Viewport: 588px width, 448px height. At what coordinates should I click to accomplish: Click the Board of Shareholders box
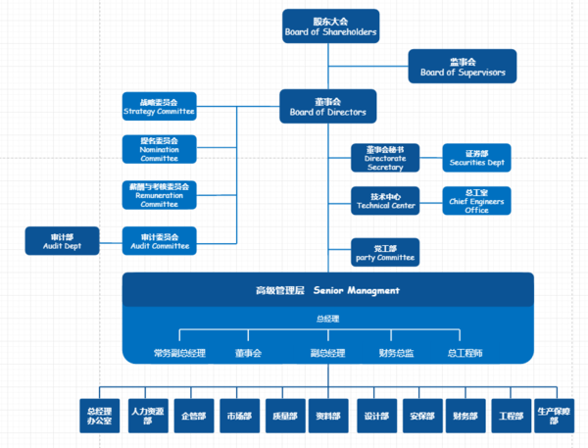pyautogui.click(x=329, y=26)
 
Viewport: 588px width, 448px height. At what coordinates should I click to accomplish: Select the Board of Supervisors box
pyautogui.click(x=462, y=66)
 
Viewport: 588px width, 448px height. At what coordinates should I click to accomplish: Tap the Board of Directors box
pyautogui.click(x=327, y=107)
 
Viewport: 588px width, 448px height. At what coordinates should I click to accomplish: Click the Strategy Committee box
pyautogui.click(x=159, y=106)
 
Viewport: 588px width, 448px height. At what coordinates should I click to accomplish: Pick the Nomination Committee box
pyautogui.click(x=159, y=149)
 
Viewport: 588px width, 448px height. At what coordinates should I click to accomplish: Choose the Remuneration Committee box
pyautogui.click(x=159, y=194)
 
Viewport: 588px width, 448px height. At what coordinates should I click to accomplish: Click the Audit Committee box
pyautogui.click(x=159, y=240)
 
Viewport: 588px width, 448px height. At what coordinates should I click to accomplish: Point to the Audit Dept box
pyautogui.click(x=63, y=240)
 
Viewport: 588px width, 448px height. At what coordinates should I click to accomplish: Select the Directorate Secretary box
pyautogui.click(x=385, y=158)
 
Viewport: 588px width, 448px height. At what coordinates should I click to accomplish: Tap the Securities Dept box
pyautogui.click(x=476, y=158)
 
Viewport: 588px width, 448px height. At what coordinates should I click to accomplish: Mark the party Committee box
pyautogui.click(x=385, y=252)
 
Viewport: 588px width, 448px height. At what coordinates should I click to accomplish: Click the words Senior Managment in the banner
pyautogui.click(x=356, y=290)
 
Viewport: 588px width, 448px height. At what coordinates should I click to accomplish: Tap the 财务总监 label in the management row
pyautogui.click(x=396, y=352)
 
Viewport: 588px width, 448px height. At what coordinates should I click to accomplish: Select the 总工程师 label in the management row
pyautogui.click(x=465, y=352)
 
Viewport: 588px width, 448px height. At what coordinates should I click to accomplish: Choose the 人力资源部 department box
pyautogui.click(x=147, y=416)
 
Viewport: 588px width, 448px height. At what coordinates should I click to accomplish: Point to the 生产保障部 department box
pyautogui.click(x=554, y=416)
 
